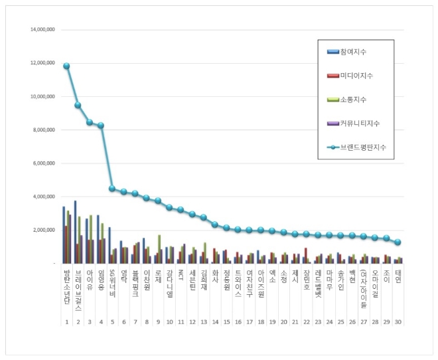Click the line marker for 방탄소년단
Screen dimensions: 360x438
click(66, 66)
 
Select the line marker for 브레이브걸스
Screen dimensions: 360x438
click(78, 105)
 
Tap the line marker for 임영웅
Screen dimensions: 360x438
click(101, 125)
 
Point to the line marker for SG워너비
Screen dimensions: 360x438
click(112, 189)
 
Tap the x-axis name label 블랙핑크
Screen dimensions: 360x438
click(135, 285)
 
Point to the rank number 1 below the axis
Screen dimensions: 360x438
click(66, 321)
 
